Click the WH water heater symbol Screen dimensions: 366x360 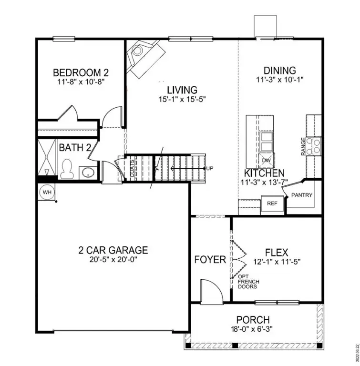point(46,192)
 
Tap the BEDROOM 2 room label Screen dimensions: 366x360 point(81,72)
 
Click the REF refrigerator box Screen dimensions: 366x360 point(272,203)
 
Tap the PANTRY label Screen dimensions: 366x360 point(301,195)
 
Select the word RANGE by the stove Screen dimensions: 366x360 point(303,146)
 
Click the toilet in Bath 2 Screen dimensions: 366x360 point(67,168)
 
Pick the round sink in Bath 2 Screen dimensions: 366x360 point(87,172)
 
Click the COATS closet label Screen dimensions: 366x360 point(132,168)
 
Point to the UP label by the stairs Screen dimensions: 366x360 point(209,169)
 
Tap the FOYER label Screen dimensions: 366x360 point(210,260)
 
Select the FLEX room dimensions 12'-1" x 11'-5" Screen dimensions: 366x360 point(277,261)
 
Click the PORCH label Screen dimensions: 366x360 point(253,320)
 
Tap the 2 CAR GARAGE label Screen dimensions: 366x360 point(113,250)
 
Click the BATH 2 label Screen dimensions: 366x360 point(75,147)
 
